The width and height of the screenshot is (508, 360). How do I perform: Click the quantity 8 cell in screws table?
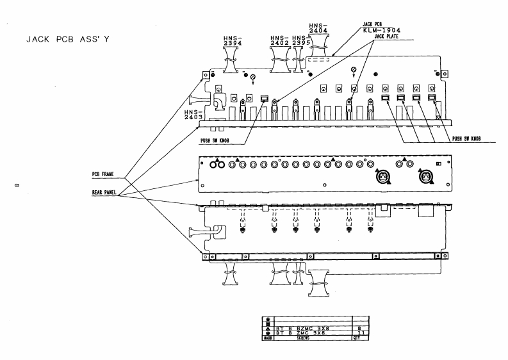coord(361,327)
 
